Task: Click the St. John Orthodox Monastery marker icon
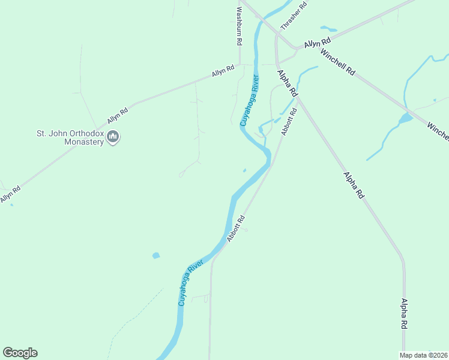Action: (x=113, y=138)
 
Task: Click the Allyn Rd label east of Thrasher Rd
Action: (x=318, y=43)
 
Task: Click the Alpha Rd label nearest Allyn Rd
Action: (x=287, y=83)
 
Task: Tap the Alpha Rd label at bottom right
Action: (x=405, y=314)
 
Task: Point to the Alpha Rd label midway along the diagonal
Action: (x=353, y=185)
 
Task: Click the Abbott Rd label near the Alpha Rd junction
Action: (x=289, y=122)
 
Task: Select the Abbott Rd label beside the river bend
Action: (x=236, y=229)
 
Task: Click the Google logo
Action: (x=20, y=353)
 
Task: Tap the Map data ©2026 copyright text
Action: (x=424, y=355)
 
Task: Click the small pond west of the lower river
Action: (x=156, y=256)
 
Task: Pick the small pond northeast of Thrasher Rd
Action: (x=328, y=28)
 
